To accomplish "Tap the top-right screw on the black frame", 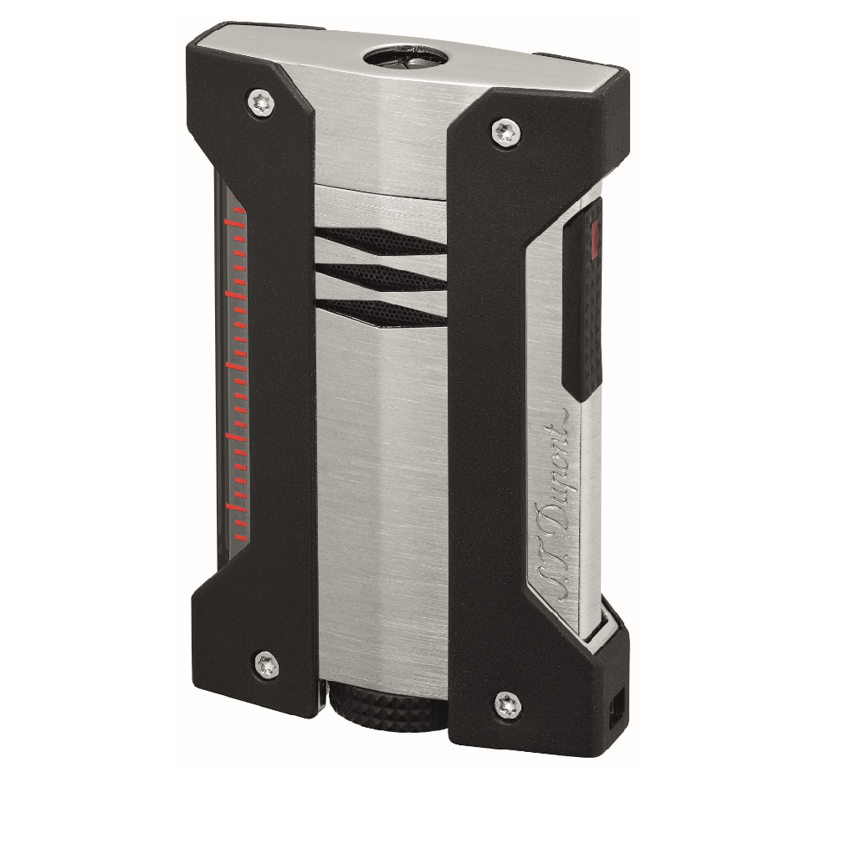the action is pyautogui.click(x=506, y=132).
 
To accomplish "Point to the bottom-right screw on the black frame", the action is pyautogui.click(x=508, y=704).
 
